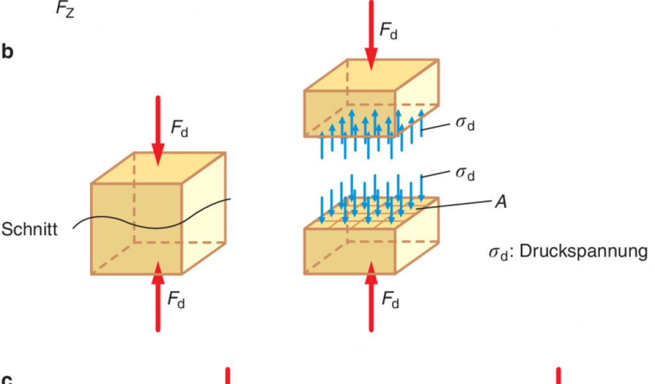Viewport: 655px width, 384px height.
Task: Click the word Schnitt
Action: point(29,230)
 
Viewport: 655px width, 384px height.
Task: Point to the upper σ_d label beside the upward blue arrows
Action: point(465,123)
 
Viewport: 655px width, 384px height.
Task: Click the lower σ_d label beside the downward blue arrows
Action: point(465,172)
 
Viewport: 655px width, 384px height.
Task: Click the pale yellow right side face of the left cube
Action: point(205,211)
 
